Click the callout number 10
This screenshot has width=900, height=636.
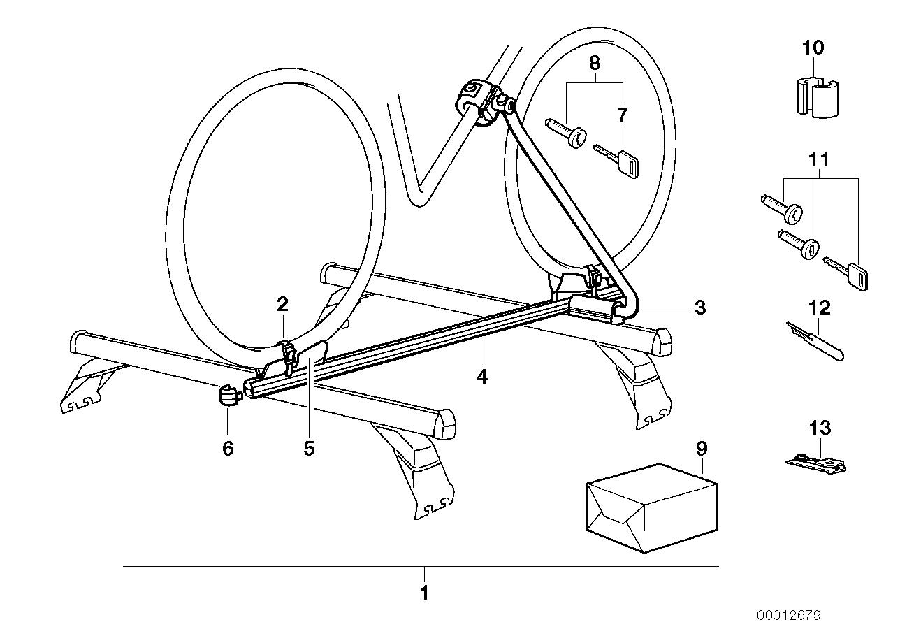point(813,48)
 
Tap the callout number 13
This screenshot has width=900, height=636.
point(820,428)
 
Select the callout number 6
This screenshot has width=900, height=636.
point(228,449)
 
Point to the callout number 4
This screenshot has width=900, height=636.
point(481,377)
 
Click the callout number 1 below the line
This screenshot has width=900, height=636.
point(424,593)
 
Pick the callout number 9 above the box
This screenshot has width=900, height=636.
point(701,449)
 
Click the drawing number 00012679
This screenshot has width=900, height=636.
point(789,615)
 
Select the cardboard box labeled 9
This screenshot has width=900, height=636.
point(651,509)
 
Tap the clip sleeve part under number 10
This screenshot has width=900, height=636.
point(818,98)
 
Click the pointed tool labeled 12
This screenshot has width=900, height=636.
point(815,340)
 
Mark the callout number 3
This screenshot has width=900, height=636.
point(700,308)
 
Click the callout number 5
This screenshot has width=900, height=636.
point(309,449)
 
